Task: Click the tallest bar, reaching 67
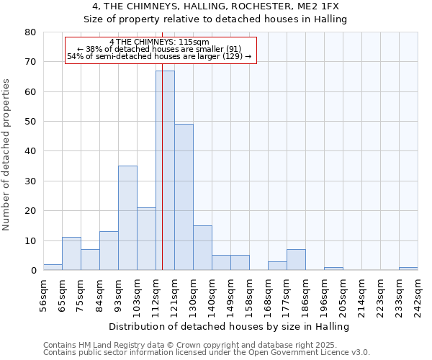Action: click(x=165, y=171)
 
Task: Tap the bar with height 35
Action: click(x=127, y=218)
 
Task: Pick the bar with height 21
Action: click(x=146, y=239)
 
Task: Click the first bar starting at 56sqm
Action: click(x=53, y=267)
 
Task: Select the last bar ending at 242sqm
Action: click(x=408, y=269)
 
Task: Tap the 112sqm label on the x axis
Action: click(x=156, y=293)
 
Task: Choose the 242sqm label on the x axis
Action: click(x=418, y=293)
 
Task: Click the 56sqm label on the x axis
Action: click(x=44, y=293)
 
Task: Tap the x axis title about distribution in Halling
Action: click(x=230, y=327)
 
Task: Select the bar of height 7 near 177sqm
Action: click(x=296, y=260)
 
